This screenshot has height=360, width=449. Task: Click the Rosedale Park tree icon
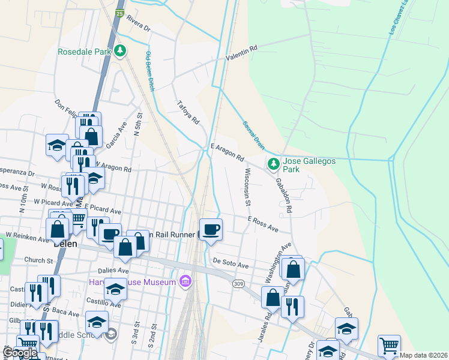(x=121, y=51)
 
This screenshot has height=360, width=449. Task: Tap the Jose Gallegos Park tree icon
(x=273, y=163)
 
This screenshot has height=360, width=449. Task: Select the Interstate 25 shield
(x=120, y=13)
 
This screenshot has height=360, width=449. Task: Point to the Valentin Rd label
(x=241, y=53)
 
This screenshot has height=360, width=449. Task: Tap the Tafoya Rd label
(x=188, y=112)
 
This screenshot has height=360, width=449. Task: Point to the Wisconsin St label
(x=247, y=187)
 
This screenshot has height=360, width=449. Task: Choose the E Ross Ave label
(x=263, y=224)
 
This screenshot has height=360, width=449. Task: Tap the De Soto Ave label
(x=231, y=264)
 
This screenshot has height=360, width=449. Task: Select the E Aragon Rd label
(x=227, y=152)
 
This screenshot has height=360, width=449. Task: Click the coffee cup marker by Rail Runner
(x=211, y=229)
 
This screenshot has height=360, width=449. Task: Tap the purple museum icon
(x=185, y=281)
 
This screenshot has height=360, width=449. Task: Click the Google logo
(x=20, y=353)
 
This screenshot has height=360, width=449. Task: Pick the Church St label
(x=39, y=260)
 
